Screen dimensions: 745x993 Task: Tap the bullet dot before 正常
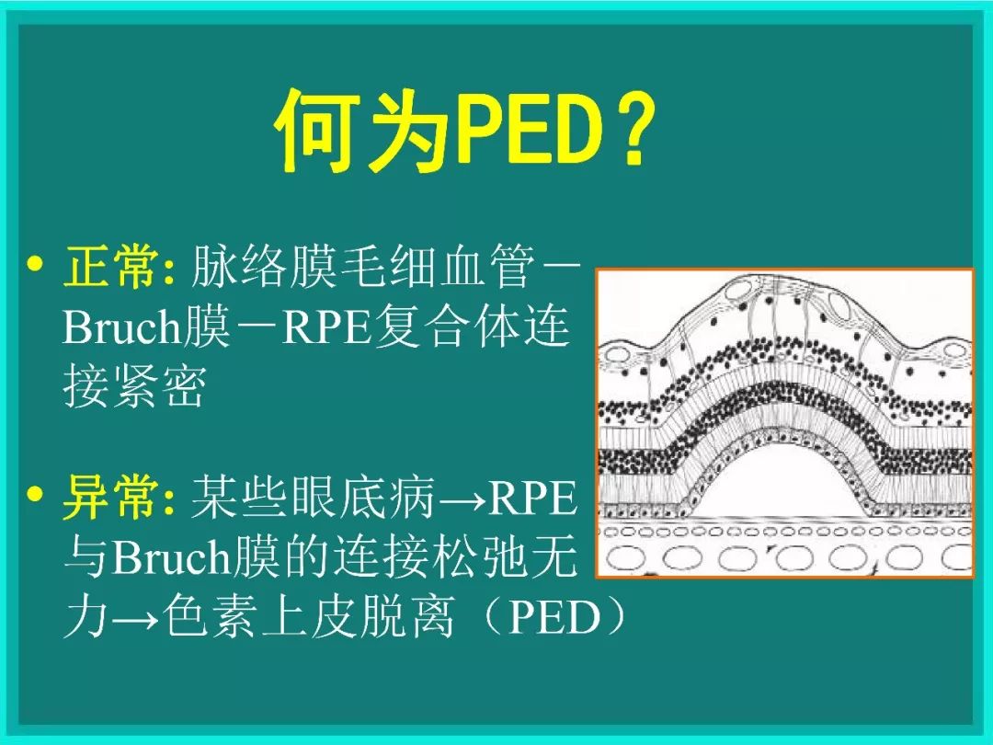point(36,267)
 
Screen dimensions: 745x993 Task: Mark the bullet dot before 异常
point(36,497)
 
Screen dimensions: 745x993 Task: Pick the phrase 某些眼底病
point(313,499)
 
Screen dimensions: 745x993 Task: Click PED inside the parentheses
point(554,619)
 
